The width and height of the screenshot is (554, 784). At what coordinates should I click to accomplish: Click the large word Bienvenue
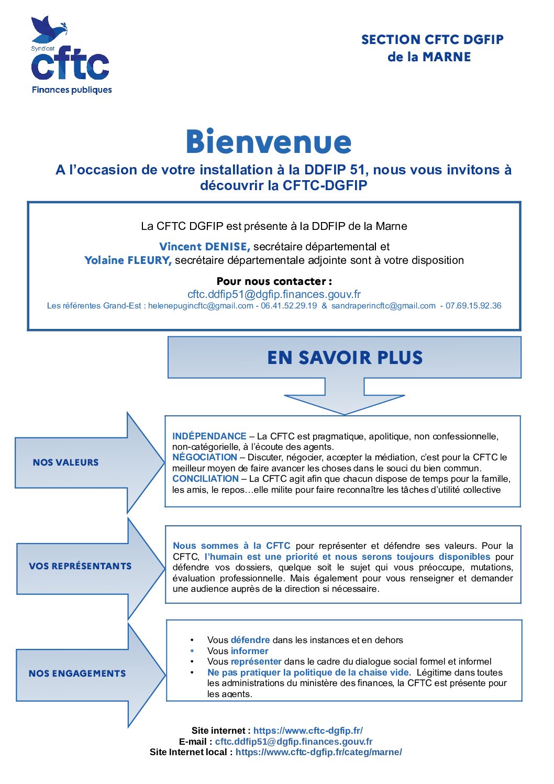point(269,142)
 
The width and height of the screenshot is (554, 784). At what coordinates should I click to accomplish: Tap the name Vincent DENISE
point(204,247)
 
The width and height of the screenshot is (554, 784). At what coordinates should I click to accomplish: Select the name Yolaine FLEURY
point(128,260)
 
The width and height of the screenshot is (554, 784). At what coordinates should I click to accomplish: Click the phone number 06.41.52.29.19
point(289,306)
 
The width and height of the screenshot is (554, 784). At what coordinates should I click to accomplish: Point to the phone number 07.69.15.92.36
point(473,306)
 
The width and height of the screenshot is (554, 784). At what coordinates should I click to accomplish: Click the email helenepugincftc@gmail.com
point(201,306)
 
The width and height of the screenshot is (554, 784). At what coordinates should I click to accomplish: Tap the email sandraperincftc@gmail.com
point(383,306)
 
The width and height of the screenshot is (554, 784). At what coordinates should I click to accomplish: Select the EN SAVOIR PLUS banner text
point(345,358)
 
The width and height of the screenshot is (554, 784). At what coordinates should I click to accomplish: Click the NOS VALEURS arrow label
point(65,462)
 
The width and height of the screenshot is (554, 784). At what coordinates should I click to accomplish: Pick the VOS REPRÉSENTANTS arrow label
point(80,566)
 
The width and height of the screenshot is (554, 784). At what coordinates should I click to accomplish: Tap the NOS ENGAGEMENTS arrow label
point(77,673)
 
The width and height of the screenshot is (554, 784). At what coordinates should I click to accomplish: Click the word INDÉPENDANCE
point(209,436)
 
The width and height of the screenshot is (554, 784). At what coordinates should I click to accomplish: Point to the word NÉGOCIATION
point(205,457)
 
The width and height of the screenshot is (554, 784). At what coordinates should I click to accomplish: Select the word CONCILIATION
point(205,479)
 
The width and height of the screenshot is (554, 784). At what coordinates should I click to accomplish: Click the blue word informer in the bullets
point(249,651)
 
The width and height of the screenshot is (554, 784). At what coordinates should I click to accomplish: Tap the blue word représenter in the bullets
point(256,661)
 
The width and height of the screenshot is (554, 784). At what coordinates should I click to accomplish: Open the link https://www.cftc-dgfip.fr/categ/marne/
point(318,752)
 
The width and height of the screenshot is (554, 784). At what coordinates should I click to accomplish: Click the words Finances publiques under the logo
point(72,90)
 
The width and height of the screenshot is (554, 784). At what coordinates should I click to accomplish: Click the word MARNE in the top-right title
point(447,57)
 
